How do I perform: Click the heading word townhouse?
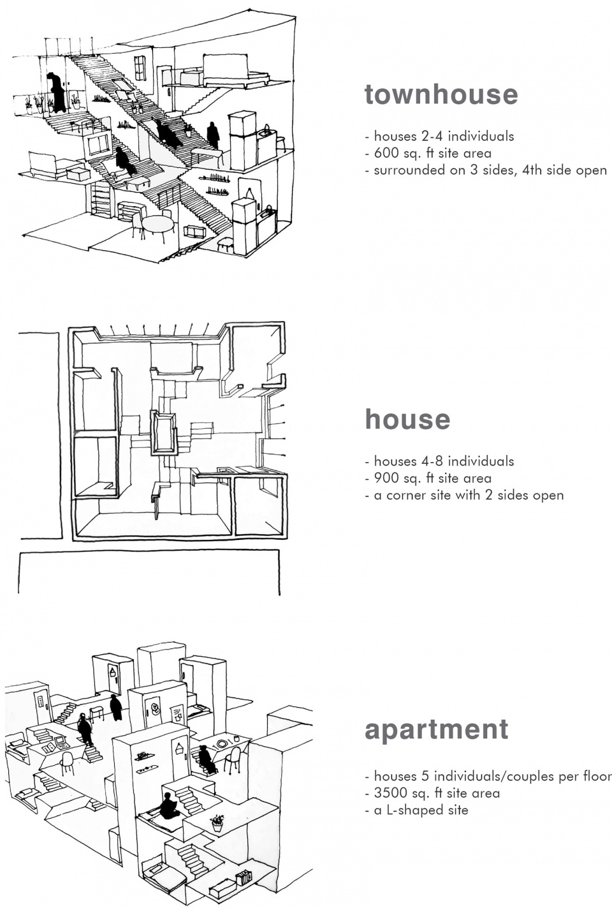coord(441,94)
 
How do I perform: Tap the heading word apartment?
coord(437,729)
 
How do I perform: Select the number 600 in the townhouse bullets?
coord(387,153)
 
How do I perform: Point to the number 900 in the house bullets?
coord(387,478)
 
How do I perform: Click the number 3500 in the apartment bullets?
coord(391,793)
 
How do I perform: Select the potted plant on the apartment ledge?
coord(217,820)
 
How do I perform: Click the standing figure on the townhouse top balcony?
coord(57,93)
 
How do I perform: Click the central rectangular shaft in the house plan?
coord(164,433)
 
